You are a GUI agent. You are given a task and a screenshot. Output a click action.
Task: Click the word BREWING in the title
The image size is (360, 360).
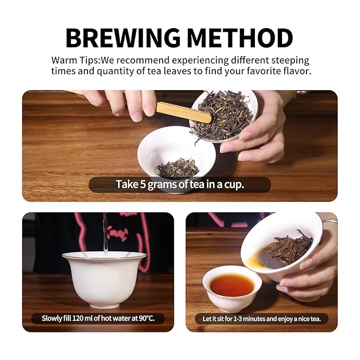pyautogui.click(x=123, y=38)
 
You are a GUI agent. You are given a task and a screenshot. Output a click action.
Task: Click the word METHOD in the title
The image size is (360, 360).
pyautogui.click(x=240, y=38)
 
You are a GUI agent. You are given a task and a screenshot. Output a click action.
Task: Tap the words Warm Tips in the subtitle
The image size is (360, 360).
pyautogui.click(x=75, y=60)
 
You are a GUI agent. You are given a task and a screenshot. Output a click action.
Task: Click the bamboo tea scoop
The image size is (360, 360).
pyautogui.click(x=183, y=112)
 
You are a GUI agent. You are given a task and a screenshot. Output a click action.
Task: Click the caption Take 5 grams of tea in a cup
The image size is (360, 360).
pyautogui.click(x=180, y=185)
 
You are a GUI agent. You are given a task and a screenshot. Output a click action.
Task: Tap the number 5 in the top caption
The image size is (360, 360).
pyautogui.click(x=143, y=185)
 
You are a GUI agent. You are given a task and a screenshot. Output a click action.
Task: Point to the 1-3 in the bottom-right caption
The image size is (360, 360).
pyautogui.click(x=238, y=319)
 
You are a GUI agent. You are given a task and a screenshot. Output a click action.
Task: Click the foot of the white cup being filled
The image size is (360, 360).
pyautogui.click(x=104, y=305)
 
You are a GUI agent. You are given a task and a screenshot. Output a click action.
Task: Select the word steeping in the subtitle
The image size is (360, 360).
pyautogui.click(x=290, y=61)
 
